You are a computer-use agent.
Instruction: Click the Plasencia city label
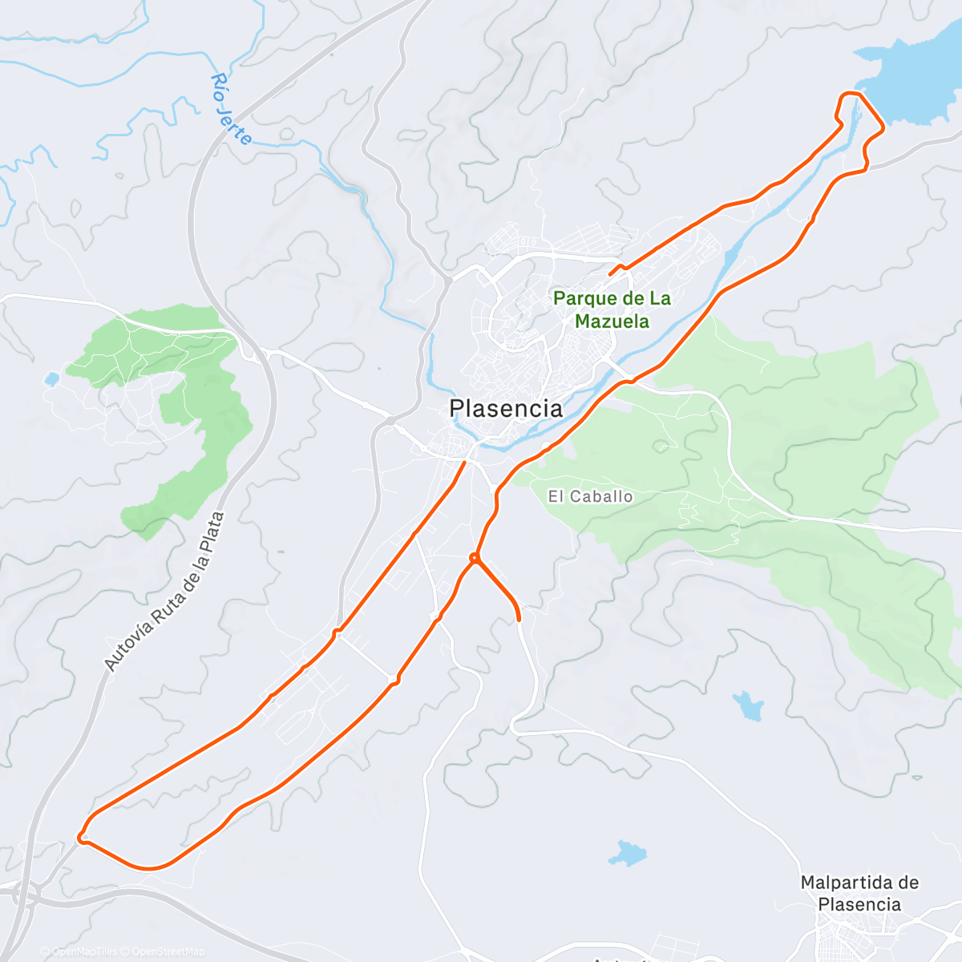click(506, 409)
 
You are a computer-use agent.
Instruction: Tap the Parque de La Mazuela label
click(612, 310)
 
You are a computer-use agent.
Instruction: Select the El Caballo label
click(590, 497)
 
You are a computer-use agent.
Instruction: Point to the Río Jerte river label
click(231, 109)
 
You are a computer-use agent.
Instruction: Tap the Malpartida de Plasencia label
click(859, 893)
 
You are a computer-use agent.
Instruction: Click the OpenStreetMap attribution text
click(168, 952)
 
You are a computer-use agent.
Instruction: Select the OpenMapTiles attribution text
click(84, 952)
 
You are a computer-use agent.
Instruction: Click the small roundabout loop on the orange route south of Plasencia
click(475, 557)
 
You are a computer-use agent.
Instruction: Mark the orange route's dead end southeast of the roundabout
click(519, 619)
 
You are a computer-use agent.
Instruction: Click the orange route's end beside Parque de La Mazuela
click(611, 273)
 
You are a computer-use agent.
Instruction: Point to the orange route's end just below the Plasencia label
click(464, 462)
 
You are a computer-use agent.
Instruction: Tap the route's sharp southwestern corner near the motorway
click(81, 839)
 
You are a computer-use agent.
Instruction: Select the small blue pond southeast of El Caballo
click(749, 705)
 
